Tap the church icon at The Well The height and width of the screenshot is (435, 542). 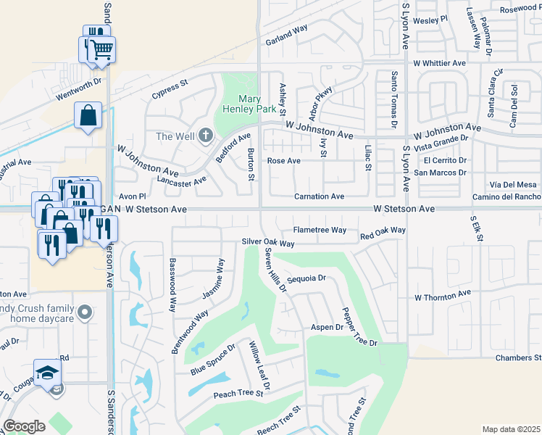(205, 136)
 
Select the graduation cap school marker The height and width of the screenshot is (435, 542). (48, 373)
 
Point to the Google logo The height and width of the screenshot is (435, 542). (24, 426)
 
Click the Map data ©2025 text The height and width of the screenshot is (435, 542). (512, 429)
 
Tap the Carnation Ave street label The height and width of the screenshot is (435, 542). (319, 196)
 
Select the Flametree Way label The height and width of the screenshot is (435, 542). (320, 230)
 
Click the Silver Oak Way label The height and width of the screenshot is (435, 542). (268, 244)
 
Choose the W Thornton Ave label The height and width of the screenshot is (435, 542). (442, 297)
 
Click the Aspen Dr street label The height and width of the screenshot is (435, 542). (327, 328)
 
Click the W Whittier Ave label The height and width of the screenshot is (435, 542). (439, 63)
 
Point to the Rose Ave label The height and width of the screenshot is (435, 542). (284, 161)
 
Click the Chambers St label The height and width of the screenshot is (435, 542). (518, 358)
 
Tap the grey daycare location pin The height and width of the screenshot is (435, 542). (85, 312)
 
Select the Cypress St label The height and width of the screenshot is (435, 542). (170, 88)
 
